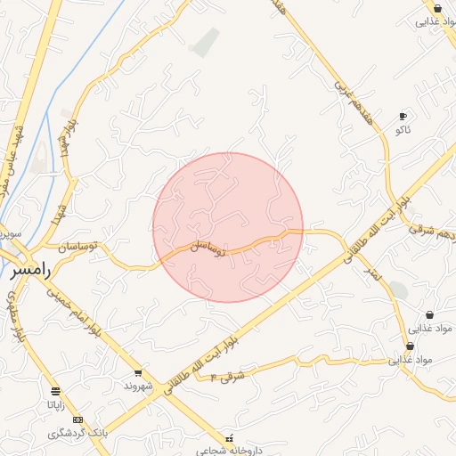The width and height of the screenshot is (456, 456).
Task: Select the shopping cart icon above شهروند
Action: tap(138, 373)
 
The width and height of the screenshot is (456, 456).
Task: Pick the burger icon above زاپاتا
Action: tap(56, 391)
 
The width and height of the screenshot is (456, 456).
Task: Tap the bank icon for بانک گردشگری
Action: tap(77, 419)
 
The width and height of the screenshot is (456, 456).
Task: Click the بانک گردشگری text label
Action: tap(77, 432)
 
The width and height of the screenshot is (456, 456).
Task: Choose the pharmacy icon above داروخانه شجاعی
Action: tap(231, 437)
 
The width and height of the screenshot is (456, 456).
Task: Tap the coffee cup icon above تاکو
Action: tap(403, 117)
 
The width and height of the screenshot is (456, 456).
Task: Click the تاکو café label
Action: tap(403, 130)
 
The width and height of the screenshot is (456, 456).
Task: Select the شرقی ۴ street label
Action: tap(227, 376)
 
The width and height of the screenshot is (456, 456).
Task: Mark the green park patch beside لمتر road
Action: tap(398, 290)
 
